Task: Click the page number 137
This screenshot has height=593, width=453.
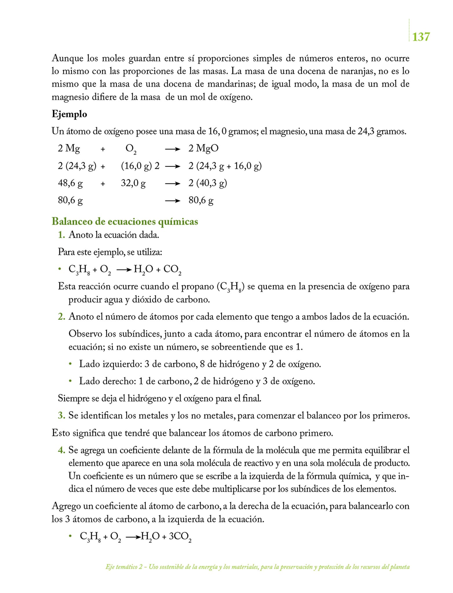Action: point(421,37)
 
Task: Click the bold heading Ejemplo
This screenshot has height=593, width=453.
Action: point(69,114)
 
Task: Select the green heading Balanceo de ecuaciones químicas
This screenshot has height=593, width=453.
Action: point(125,222)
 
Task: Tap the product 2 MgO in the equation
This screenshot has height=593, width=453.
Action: point(203,148)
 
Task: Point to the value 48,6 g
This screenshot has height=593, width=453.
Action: point(70,183)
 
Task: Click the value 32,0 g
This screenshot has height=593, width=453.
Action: point(133,183)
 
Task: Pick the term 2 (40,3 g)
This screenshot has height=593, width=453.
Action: point(208,183)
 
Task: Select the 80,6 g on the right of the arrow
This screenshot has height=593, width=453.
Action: point(201,200)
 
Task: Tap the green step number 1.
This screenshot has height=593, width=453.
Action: point(61,235)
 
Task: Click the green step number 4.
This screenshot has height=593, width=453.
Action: point(61,450)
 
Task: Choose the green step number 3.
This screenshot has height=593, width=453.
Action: point(61,416)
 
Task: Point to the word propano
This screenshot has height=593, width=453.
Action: point(198,286)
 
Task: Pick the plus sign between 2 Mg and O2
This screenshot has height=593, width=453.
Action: point(103,149)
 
